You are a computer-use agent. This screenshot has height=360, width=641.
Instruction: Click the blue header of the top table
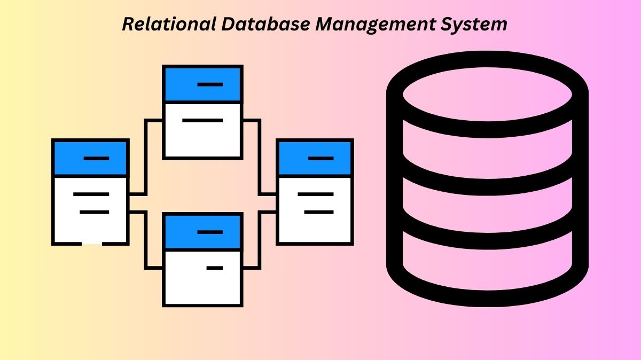tap(203, 84)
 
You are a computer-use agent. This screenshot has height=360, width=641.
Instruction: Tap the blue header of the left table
tap(90, 159)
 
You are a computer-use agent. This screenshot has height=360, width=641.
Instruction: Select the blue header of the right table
tap(315, 159)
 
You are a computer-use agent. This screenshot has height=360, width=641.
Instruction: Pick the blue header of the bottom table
tap(203, 232)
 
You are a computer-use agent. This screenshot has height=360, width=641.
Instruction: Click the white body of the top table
tap(203, 134)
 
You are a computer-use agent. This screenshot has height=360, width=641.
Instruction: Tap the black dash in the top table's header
tap(210, 84)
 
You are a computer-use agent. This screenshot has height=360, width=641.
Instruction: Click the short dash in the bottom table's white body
tap(215, 268)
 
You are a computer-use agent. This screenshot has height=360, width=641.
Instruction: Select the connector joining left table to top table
tap(145, 155)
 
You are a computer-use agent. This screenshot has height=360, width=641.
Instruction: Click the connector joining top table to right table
tap(260, 155)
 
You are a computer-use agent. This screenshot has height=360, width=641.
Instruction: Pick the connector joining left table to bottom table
tap(145, 240)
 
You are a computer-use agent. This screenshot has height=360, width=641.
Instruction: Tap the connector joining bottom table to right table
tap(260, 240)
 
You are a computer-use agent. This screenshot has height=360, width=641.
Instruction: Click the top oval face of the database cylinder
tap(487, 95)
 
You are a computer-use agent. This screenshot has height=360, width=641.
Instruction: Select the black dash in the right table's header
tap(321, 159)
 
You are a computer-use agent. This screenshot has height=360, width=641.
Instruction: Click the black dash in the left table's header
tap(97, 159)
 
